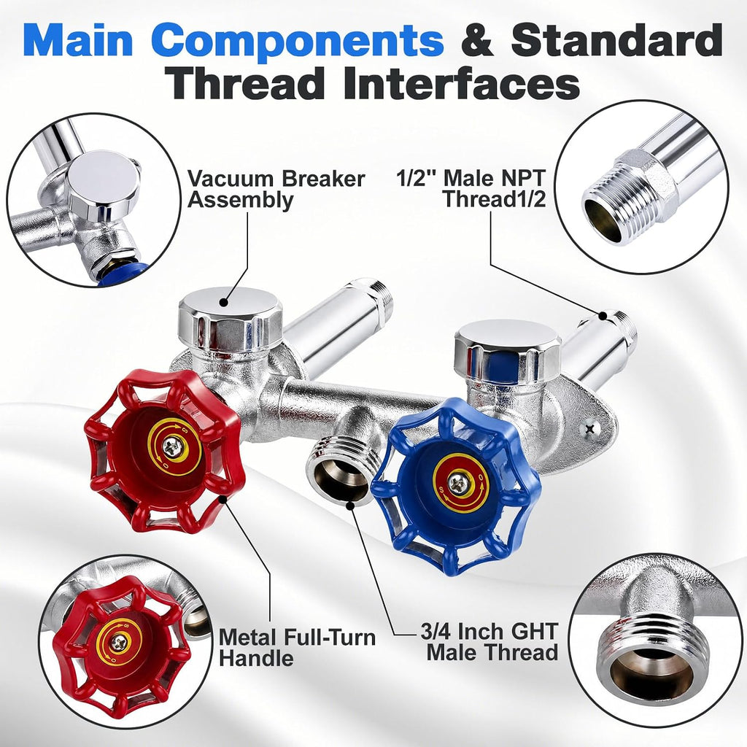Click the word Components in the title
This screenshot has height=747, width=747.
[300, 41]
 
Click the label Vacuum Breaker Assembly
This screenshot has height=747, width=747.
[276, 189]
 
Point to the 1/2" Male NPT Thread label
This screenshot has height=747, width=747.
[471, 189]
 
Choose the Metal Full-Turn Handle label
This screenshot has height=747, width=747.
[297, 648]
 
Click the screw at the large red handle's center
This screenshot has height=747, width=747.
[171, 447]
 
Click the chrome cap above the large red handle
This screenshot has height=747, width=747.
[230, 319]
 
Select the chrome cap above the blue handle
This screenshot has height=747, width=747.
[508, 350]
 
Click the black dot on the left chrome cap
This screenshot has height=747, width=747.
[222, 301]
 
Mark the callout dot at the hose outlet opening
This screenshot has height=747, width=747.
[351, 505]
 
